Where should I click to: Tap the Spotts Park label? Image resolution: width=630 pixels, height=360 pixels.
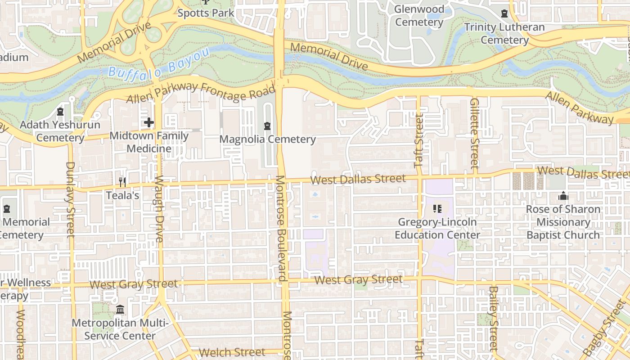(206, 13)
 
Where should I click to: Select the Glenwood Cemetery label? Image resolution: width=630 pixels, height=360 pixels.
(419, 15)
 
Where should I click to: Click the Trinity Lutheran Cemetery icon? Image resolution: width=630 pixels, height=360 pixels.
(504, 13)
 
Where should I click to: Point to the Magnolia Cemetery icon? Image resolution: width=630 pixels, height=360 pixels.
(268, 125)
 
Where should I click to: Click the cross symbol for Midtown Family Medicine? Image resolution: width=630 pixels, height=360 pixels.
(148, 122)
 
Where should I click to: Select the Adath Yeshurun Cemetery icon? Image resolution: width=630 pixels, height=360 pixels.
(60, 111)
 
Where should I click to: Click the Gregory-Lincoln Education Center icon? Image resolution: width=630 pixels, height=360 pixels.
(437, 208)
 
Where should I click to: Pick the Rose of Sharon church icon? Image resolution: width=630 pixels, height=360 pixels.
(563, 196)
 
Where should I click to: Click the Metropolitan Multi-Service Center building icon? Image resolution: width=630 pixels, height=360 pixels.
(120, 310)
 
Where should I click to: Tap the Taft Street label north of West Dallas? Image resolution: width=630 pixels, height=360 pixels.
(418, 141)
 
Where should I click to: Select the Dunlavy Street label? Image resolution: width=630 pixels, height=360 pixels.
(70, 199)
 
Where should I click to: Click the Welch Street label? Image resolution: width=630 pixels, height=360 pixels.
(232, 352)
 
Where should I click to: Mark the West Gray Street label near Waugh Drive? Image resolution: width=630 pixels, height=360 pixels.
(134, 284)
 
